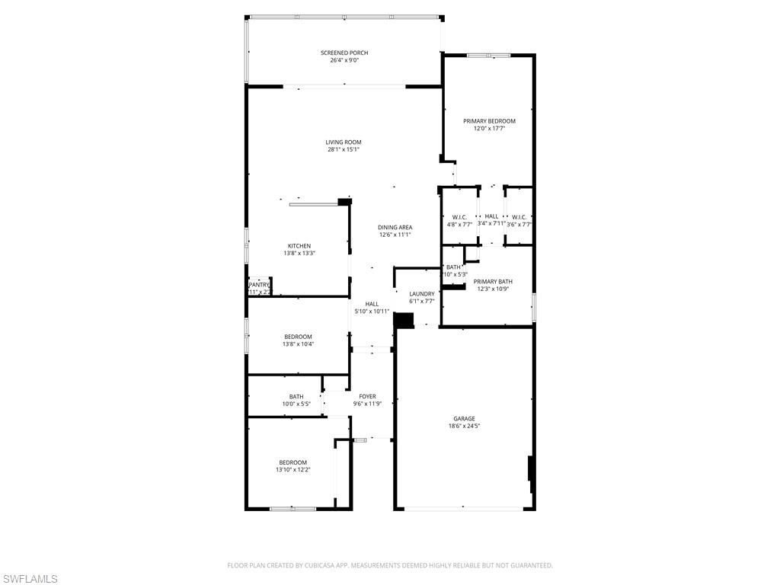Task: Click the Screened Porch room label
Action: (344, 53)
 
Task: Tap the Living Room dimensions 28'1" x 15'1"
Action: (344, 149)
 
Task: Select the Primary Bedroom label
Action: (489, 121)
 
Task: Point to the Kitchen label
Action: (299, 245)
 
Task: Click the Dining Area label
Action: (395, 227)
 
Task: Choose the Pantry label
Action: (259, 285)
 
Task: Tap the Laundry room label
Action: (421, 294)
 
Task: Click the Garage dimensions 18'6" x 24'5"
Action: (464, 426)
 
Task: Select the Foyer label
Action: (367, 396)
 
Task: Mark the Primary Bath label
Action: (494, 282)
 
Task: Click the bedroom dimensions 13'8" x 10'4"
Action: (298, 344)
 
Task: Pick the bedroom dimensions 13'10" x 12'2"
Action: (292, 470)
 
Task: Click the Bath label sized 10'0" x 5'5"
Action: (296, 396)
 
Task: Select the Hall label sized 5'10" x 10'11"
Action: (372, 304)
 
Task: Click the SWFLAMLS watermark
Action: (30, 579)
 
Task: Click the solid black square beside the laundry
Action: (403, 320)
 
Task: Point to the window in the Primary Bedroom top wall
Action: (488, 55)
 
